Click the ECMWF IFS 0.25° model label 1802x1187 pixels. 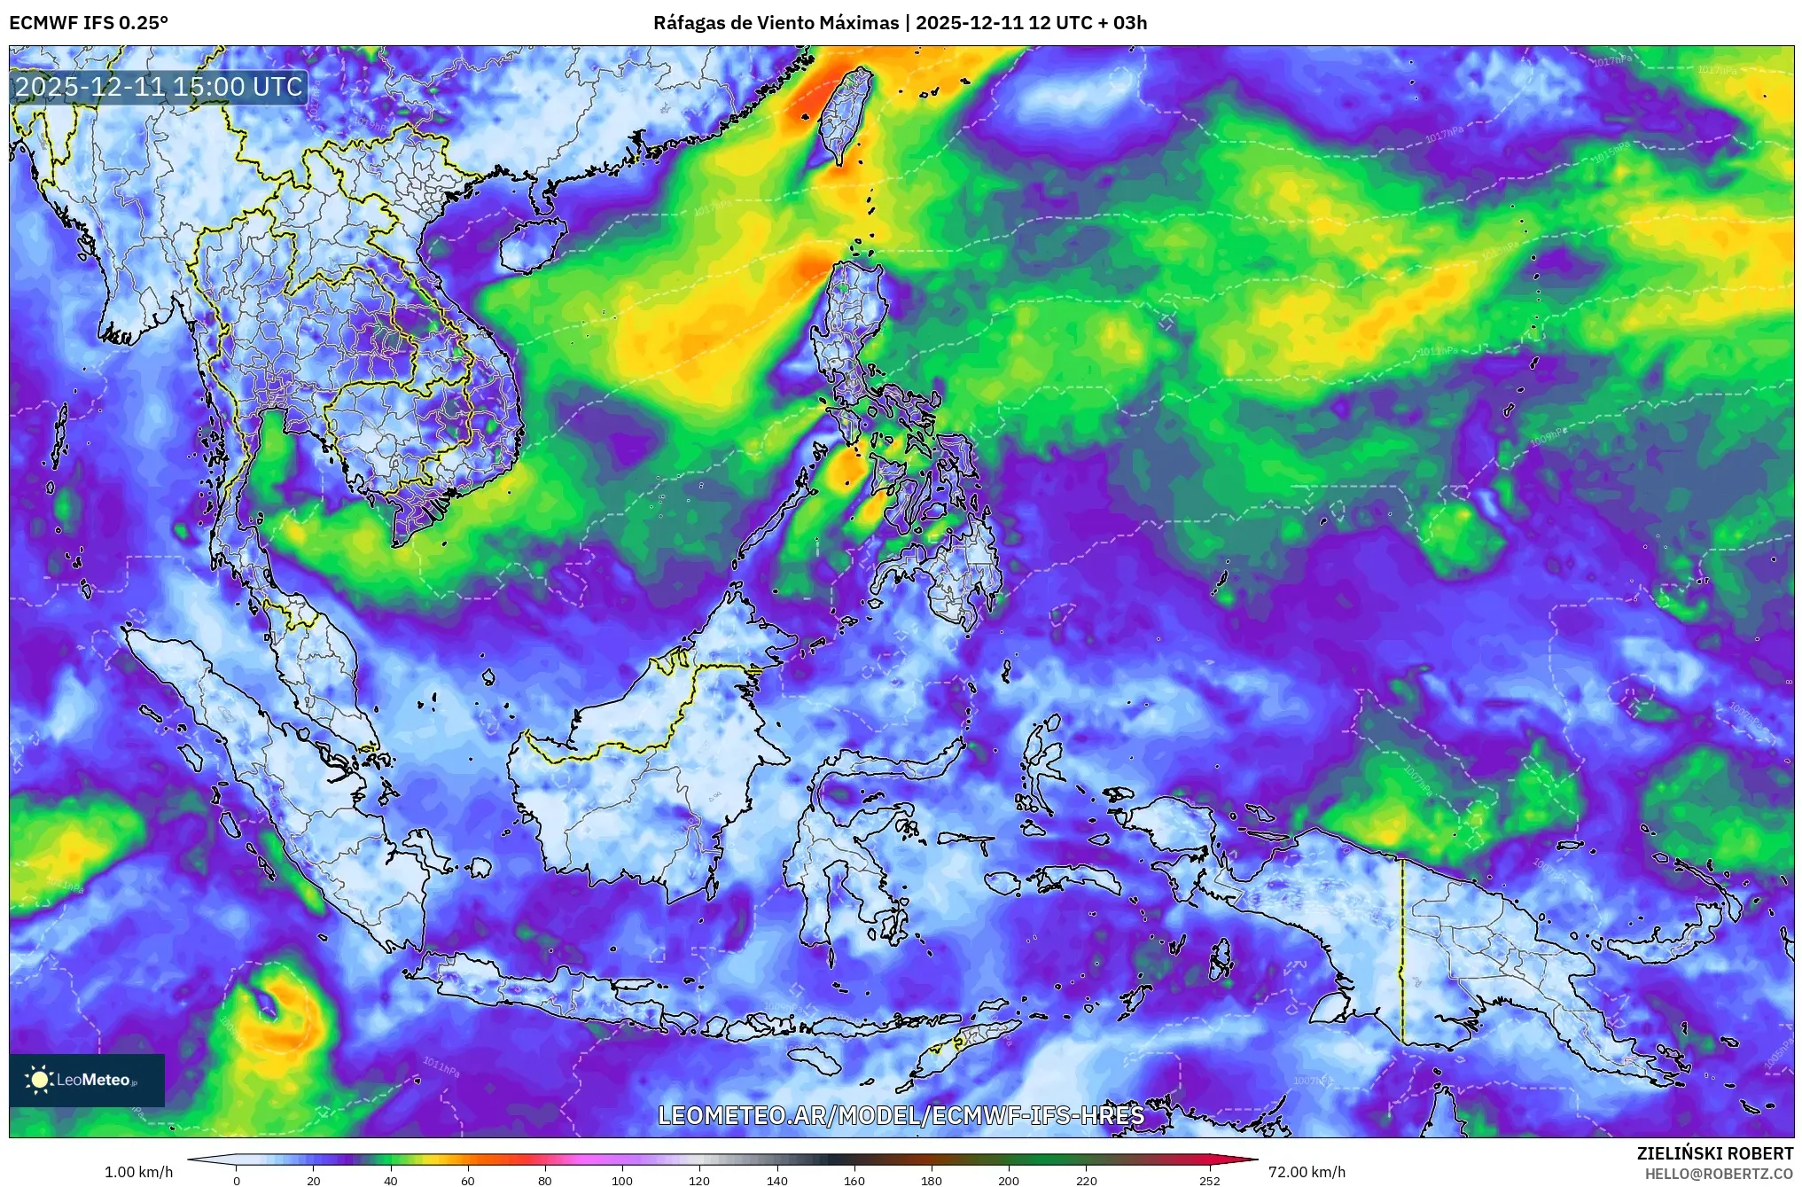click(88, 23)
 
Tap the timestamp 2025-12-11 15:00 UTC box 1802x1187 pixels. click(159, 87)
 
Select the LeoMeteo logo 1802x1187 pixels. click(86, 1080)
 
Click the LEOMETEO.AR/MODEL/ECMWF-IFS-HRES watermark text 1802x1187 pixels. click(901, 1115)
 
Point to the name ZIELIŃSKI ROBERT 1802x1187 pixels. click(1714, 1153)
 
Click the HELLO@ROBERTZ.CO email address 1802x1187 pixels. click(1719, 1173)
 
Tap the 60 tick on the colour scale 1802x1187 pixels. click(468, 1181)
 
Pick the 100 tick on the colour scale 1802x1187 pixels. click(622, 1181)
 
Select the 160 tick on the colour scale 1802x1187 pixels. click(854, 1181)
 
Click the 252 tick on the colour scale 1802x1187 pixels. click(1210, 1181)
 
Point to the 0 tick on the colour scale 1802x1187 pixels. click(237, 1181)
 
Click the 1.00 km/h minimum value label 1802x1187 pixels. click(138, 1172)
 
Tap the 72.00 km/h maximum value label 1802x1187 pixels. click(1307, 1172)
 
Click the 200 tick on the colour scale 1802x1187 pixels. click(1009, 1181)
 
